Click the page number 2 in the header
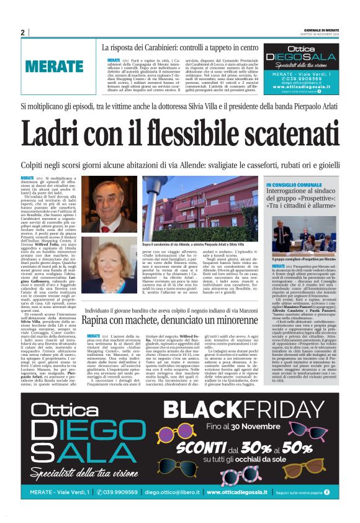point(22,33)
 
